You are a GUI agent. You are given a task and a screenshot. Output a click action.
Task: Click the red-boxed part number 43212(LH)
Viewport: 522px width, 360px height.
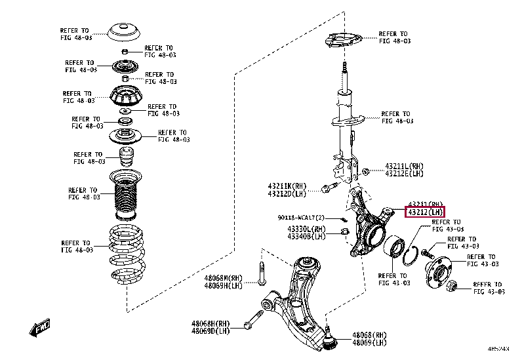pyautogui.click(x=425, y=212)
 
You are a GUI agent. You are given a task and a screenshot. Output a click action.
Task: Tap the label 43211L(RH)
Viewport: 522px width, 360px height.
pyautogui.click(x=404, y=167)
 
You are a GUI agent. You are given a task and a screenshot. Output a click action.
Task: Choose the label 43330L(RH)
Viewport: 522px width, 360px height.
pyautogui.click(x=306, y=229)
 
